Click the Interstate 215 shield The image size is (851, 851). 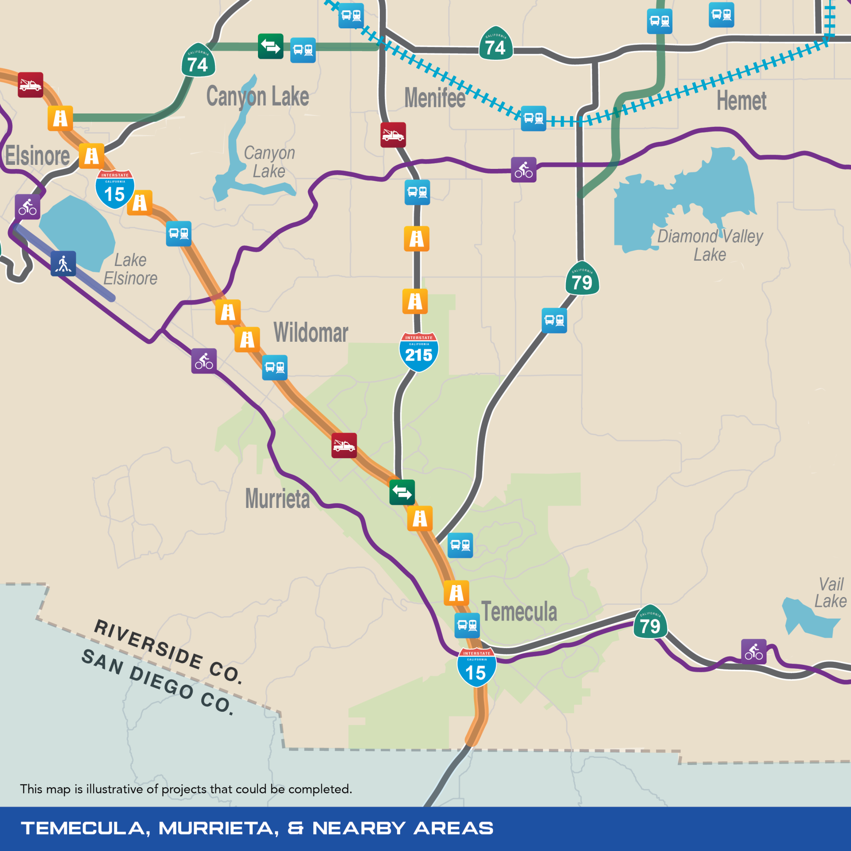(x=418, y=352)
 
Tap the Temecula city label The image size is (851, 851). (x=519, y=612)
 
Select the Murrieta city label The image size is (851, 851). (x=277, y=499)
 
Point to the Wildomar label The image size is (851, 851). (x=311, y=332)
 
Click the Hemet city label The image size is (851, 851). (x=742, y=101)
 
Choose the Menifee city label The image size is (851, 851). (x=435, y=98)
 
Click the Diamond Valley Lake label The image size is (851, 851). (x=710, y=245)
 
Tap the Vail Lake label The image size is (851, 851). (x=830, y=593)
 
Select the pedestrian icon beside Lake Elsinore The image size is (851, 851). (x=63, y=264)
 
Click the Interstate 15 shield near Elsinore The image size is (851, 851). (x=115, y=190)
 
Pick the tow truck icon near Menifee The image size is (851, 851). (x=393, y=135)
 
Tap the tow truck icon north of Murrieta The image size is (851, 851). (x=344, y=445)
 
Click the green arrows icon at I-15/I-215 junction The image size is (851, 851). (x=402, y=492)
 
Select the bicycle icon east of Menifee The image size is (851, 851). (x=523, y=170)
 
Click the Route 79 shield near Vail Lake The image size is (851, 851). (x=650, y=623)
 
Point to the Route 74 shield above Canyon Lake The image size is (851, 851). (x=198, y=61)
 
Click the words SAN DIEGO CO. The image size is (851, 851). (x=157, y=682)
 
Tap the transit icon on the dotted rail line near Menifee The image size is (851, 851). (x=533, y=118)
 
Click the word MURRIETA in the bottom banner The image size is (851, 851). (x=219, y=828)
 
